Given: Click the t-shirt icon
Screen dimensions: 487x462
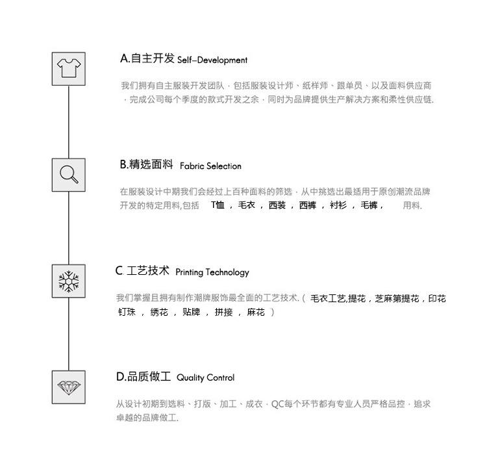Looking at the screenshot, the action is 68,68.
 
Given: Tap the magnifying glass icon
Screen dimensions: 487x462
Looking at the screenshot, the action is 68,175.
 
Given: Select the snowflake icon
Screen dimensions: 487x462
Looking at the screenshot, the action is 68,281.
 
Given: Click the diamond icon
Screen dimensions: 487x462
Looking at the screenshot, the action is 68,387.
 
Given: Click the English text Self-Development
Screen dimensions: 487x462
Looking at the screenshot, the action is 212,60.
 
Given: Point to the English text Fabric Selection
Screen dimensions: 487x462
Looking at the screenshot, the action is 210,166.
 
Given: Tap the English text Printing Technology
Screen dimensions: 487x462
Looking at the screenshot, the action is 212,273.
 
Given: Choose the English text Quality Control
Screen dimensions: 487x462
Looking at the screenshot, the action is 205,378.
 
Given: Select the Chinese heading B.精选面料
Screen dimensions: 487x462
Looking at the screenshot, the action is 146,164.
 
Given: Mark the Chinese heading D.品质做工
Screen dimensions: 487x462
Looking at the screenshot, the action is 144,377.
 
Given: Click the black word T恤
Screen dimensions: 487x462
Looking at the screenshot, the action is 218,205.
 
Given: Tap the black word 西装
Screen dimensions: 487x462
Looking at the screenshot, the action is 277,205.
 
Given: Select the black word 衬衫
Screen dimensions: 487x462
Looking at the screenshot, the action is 338,205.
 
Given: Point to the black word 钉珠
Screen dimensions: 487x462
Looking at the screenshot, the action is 127,313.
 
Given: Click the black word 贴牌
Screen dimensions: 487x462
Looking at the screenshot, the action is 191,313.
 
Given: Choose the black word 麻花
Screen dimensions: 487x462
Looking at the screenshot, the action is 256,313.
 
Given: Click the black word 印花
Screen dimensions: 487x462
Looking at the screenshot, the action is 437,299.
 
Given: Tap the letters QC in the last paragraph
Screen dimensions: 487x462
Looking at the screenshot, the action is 277,404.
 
